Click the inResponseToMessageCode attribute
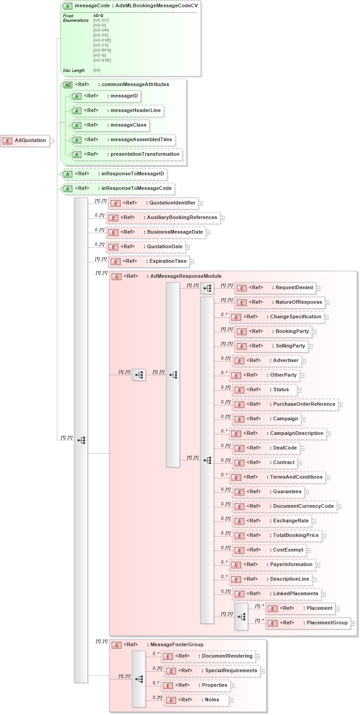pyautogui.click(x=118, y=189)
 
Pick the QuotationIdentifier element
pyautogui.click(x=154, y=203)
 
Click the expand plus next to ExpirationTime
pyautogui.click(x=192, y=262)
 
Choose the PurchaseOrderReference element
pyautogui.click(x=285, y=404)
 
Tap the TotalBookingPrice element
pyautogui.click(x=277, y=536)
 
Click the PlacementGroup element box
pyautogui.click(x=309, y=623)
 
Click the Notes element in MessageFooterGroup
pyautogui.click(x=197, y=700)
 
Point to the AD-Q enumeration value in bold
pyautogui.click(x=98, y=15)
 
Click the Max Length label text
pyautogui.click(x=74, y=71)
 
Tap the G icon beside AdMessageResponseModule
pyautogui.click(x=117, y=276)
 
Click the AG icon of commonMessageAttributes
pyautogui.click(x=68, y=85)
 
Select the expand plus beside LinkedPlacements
pyautogui.click(x=324, y=594)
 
